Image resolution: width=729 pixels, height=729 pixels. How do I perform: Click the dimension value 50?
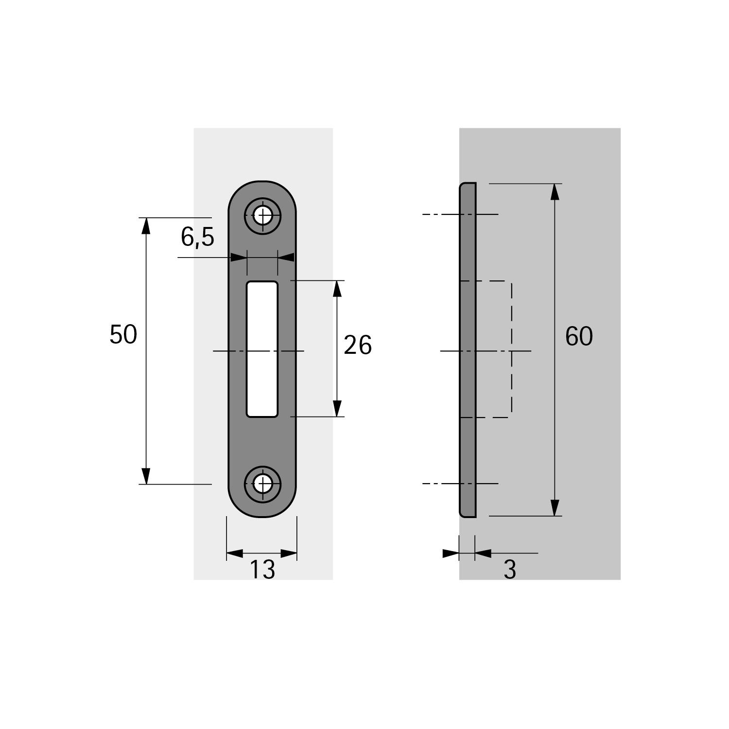tap(123, 335)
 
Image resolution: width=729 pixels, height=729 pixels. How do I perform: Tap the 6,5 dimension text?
tap(197, 237)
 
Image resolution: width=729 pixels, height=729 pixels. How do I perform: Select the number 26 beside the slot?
tap(358, 346)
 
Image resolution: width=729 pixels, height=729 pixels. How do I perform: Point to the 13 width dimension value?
tap(262, 570)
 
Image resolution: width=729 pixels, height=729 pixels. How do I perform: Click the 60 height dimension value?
tap(579, 336)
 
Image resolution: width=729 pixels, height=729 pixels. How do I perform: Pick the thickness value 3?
tap(509, 570)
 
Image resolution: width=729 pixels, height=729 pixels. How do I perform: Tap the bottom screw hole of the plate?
tap(263, 484)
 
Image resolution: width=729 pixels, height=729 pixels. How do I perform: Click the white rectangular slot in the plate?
tap(262, 349)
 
